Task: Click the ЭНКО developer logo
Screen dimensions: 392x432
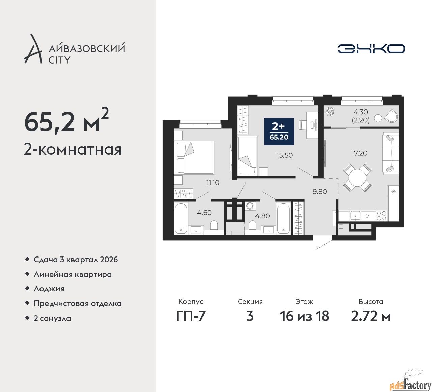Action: [371, 49]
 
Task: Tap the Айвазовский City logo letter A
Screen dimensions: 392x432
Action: [33, 49]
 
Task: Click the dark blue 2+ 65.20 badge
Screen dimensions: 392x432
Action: [279, 131]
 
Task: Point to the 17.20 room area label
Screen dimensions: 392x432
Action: [359, 153]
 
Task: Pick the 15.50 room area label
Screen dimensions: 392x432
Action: [285, 155]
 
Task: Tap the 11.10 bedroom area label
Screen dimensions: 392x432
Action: [213, 182]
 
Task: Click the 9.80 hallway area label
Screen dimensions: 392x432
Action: [320, 192]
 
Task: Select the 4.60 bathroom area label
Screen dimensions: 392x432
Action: [204, 213]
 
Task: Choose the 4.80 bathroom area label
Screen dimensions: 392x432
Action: [262, 216]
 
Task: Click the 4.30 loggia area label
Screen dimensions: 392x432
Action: [360, 112]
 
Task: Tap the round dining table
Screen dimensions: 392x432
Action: [357, 177]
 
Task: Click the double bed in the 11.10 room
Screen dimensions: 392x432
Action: [194, 158]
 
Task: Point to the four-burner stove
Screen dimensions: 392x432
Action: [381, 216]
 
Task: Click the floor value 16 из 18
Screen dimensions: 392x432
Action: [304, 316]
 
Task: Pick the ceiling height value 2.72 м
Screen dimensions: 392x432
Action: [371, 316]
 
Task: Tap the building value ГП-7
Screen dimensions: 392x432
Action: [191, 316]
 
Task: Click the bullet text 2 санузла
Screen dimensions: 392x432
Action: [52, 318]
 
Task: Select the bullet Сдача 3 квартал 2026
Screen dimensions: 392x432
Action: [76, 260]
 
